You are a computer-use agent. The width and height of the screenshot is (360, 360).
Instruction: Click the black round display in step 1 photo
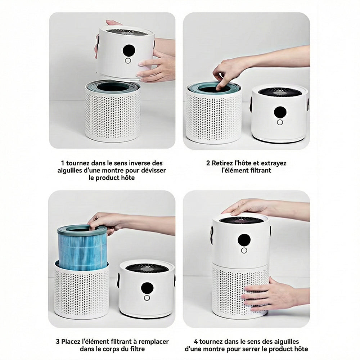129,50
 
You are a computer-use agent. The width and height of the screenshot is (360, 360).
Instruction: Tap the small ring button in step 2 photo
280,122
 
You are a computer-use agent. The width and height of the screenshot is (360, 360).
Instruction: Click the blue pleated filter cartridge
82,248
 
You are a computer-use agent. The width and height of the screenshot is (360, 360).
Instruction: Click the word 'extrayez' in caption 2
274,163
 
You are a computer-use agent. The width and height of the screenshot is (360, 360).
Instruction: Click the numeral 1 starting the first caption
62,163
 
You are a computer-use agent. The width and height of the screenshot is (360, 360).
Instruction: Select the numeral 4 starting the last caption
196,342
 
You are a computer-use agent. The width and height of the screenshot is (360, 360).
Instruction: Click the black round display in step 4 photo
244,240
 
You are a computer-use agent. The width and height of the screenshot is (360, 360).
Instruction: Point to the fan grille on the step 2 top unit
280,92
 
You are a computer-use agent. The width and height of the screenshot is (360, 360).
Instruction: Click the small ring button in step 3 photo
147,298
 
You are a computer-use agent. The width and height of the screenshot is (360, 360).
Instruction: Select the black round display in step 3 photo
147,288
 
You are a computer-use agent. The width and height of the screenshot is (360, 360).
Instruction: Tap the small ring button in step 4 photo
244,251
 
